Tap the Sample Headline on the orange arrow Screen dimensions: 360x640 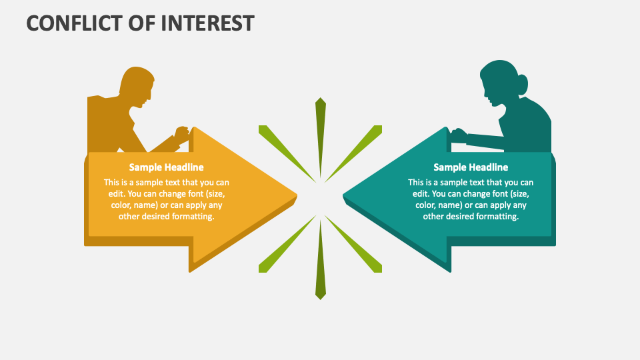[x=166, y=167]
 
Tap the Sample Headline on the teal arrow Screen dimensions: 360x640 [x=471, y=167]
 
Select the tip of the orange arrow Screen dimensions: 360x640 [x=294, y=196]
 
